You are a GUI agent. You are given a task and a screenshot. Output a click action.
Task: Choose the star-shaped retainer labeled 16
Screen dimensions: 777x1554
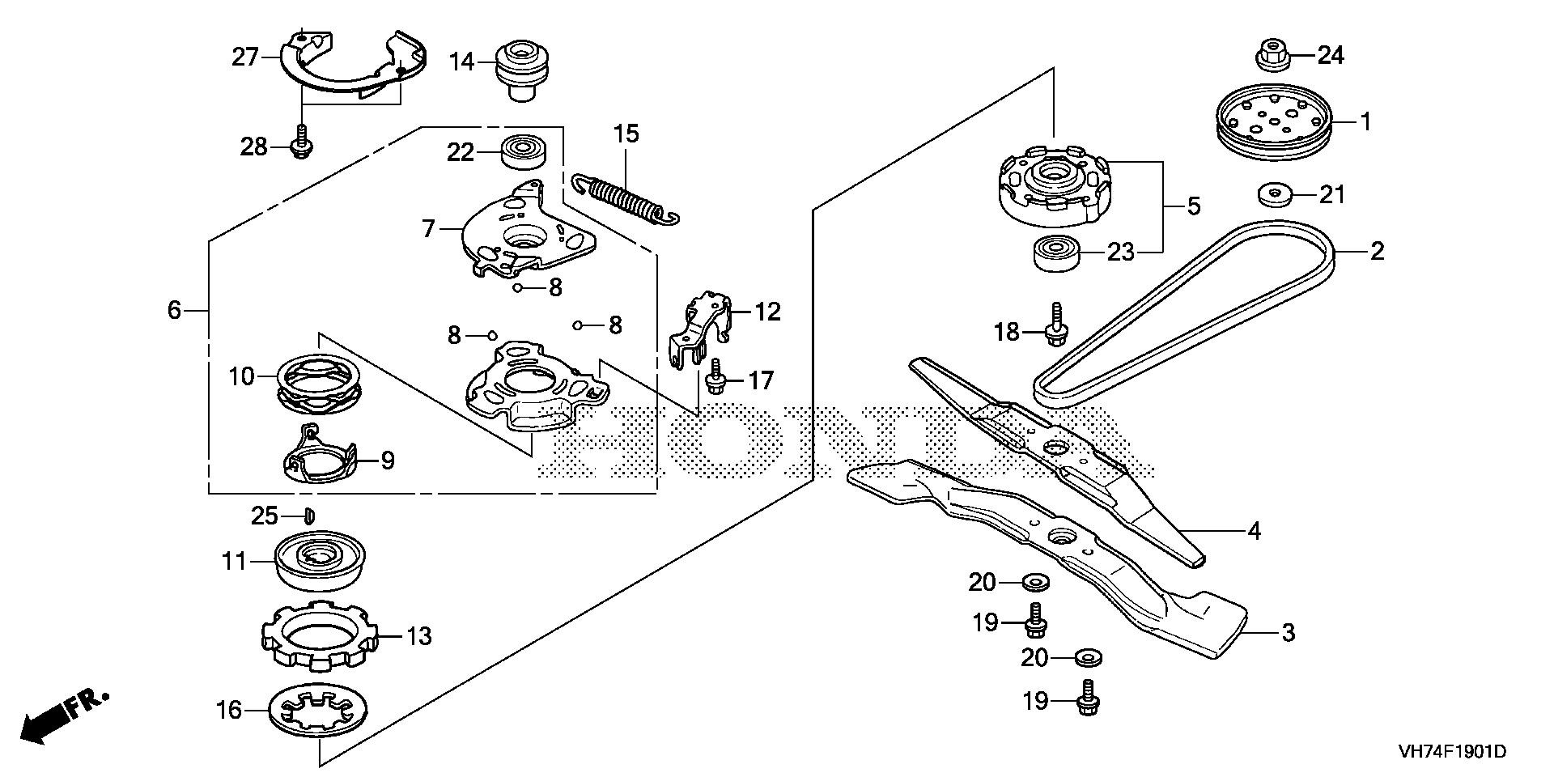click(320, 710)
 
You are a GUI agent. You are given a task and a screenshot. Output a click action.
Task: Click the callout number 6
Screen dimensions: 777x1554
click(175, 310)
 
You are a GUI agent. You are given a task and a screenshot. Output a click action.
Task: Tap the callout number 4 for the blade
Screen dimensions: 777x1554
click(1254, 531)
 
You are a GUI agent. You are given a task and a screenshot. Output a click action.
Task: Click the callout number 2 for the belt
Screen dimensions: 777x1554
click(1377, 251)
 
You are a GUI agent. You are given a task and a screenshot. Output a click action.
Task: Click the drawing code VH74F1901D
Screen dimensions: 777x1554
click(1451, 752)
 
